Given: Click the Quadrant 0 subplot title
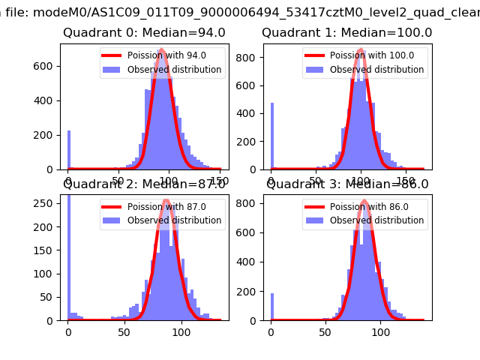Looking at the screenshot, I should [143, 33].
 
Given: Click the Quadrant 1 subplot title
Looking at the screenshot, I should [346, 33].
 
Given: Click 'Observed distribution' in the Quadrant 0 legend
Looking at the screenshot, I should [174, 70].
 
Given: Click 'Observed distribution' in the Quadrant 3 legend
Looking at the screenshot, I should [376, 220].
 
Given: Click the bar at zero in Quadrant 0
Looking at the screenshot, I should [69, 150].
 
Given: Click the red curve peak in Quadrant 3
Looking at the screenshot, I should [364, 201].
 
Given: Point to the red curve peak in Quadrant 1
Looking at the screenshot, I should [361, 50].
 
